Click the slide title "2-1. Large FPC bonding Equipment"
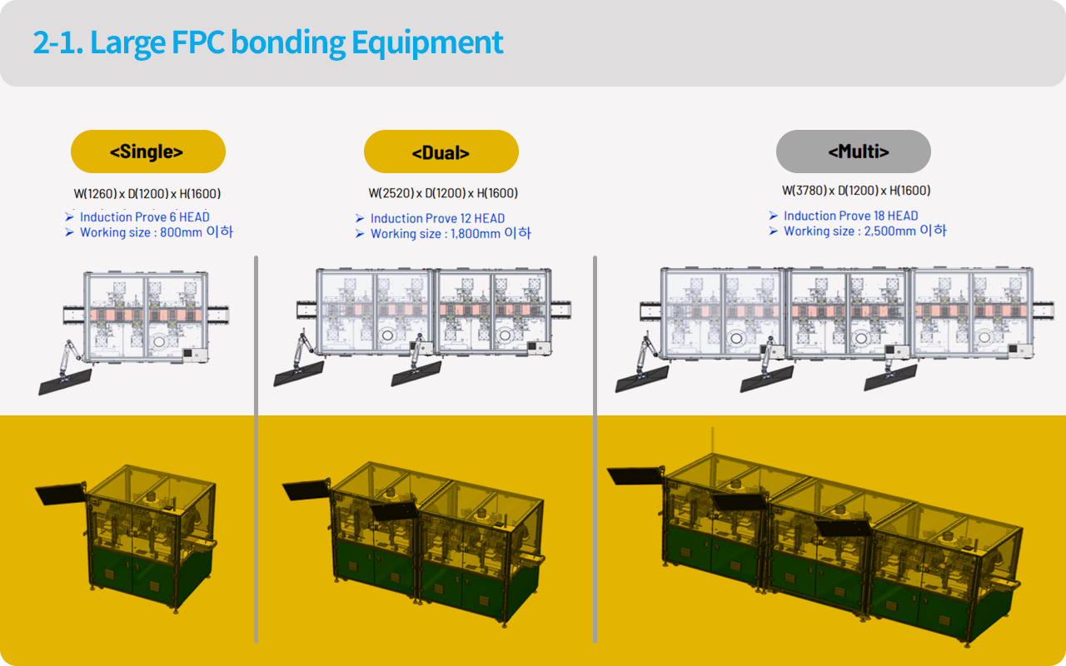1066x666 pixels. (x=268, y=42)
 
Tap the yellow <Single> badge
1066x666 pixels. (x=147, y=152)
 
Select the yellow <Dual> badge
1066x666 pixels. (x=441, y=152)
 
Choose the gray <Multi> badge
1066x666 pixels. (x=853, y=152)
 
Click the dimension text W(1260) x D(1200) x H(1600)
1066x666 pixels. (x=147, y=194)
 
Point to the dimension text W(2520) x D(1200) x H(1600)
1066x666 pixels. (x=443, y=193)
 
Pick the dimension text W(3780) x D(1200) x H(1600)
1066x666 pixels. (x=856, y=191)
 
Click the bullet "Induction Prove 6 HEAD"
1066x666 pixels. (x=144, y=217)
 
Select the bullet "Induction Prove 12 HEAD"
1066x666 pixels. (x=437, y=218)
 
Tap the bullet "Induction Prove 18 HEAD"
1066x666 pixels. (x=850, y=216)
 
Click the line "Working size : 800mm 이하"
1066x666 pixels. (x=156, y=232)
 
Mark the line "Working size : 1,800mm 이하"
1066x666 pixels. (x=450, y=234)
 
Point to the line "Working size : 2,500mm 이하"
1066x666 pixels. (x=864, y=231)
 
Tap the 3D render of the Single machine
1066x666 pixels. (x=150, y=533)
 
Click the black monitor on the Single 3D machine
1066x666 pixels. (x=60, y=492)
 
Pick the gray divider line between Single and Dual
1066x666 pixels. (x=256, y=450)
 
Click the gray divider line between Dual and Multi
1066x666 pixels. (x=595, y=450)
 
